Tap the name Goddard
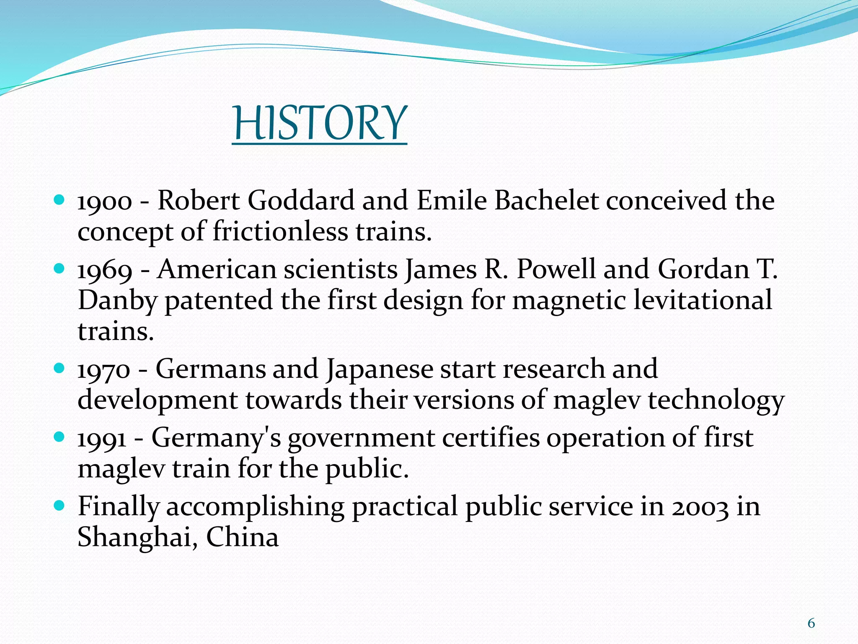pyautogui.click(x=301, y=200)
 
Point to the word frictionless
pyautogui.click(x=280, y=231)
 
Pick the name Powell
pyautogui.click(x=556, y=269)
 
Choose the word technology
pyautogui.click(x=716, y=401)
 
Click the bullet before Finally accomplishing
pyautogui.click(x=59, y=505)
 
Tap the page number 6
pyautogui.click(x=811, y=624)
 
